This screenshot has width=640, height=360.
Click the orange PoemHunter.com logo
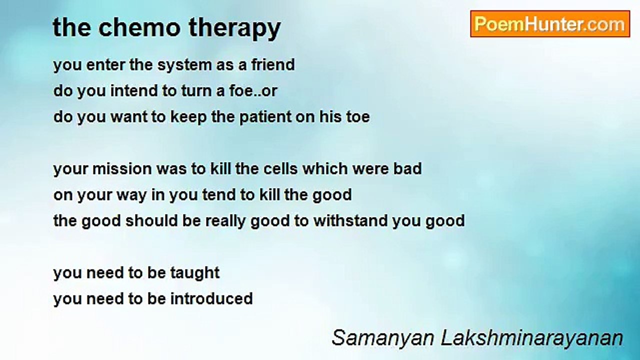point(550,24)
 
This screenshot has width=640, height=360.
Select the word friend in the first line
point(273,64)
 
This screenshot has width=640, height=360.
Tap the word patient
point(265,117)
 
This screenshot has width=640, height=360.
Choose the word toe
point(358,117)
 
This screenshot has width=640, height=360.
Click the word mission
point(122,169)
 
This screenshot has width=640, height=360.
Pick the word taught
point(195,273)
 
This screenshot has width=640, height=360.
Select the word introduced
point(211,298)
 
